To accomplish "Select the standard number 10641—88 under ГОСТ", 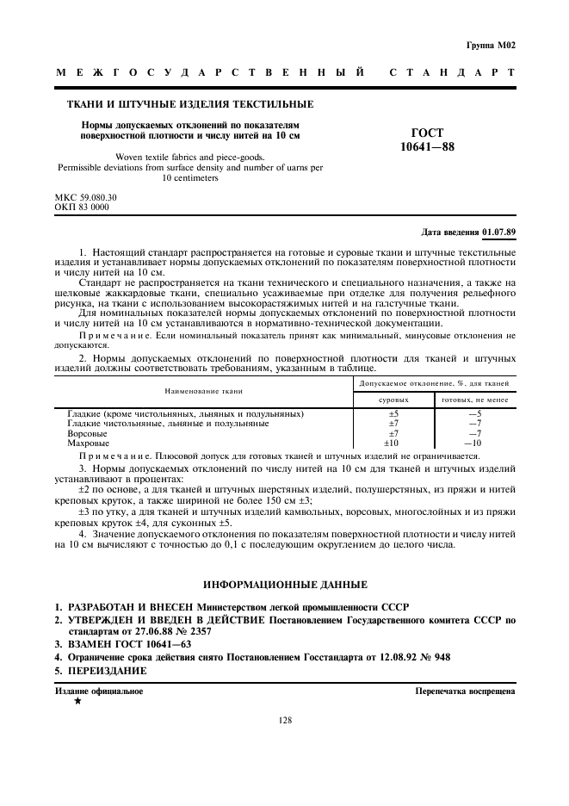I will pos(427,147).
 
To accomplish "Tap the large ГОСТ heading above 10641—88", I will pos(427,133).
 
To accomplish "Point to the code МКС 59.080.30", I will pos(85,197).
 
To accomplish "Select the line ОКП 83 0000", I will pos(82,207).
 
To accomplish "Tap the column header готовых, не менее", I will pos(474,400).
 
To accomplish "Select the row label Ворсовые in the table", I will pos(87,433).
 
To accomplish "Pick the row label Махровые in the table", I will pos(88,443).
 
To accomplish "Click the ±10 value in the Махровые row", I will pos(392,443).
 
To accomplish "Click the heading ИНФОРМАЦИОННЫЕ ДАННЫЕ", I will pos(285,584).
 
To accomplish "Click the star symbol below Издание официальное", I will pos(77,702).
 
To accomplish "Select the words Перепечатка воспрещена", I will pos(465,691).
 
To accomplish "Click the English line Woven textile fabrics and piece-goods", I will pos(190,158).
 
